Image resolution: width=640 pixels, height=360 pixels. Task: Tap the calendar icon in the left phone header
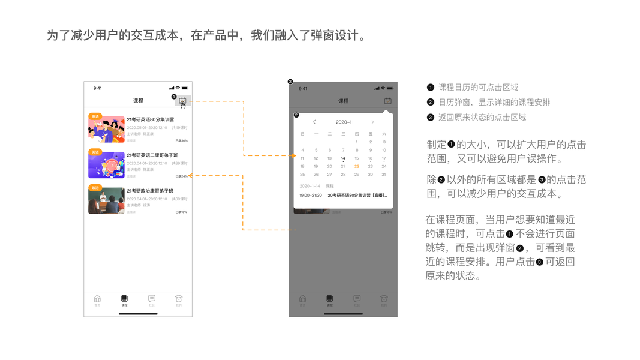[182, 101]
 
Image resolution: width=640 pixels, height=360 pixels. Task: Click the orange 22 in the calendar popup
[357, 166]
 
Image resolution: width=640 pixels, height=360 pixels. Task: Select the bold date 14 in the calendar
[343, 158]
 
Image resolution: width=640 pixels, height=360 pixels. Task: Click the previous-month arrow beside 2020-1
[314, 122]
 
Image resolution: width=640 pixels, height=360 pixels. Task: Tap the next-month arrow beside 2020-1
[372, 122]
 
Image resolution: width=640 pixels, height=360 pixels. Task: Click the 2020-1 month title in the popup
[344, 122]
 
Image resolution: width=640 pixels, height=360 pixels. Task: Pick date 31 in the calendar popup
[384, 175]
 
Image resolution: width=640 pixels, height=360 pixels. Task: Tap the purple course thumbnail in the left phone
[106, 164]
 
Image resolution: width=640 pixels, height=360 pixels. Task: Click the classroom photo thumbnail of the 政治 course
[106, 200]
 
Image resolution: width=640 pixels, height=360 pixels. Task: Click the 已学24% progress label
[181, 176]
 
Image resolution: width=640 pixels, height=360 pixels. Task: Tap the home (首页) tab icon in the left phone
[97, 299]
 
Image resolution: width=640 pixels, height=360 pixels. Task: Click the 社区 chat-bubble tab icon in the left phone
[152, 299]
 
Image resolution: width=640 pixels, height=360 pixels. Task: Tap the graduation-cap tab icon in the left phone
[178, 299]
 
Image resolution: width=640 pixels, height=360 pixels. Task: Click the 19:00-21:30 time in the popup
[311, 195]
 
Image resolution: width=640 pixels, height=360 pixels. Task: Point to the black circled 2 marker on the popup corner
[296, 115]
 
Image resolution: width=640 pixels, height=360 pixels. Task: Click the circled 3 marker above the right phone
[290, 82]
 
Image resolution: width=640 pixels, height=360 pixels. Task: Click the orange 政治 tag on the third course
[95, 188]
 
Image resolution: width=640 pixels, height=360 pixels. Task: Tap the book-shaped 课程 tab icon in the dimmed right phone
[330, 299]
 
